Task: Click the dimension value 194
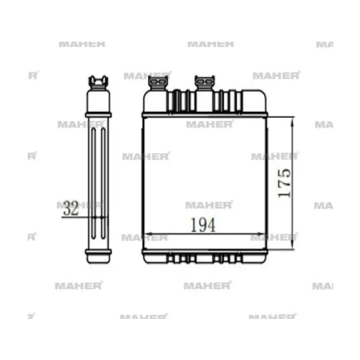tap(203, 225)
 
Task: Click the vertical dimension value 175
tap(284, 183)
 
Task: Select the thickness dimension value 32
tap(71, 208)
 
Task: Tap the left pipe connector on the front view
tap(158, 83)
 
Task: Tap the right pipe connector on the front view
tap(205, 83)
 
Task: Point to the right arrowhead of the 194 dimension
tap(261, 234)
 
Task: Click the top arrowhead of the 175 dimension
tap(292, 122)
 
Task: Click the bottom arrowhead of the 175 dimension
tap(293, 245)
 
